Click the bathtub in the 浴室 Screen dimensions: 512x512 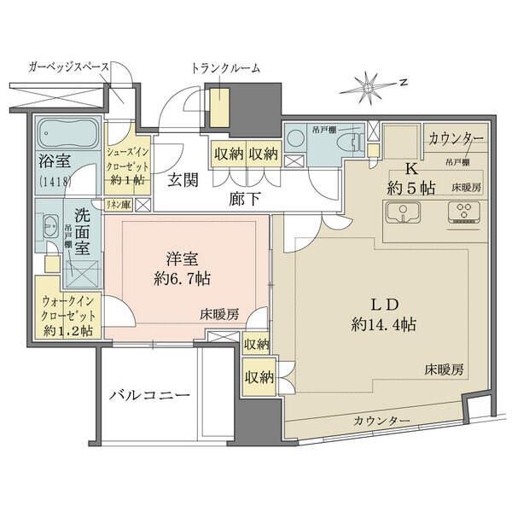click(67, 134)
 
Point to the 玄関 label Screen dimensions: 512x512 click(182, 180)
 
